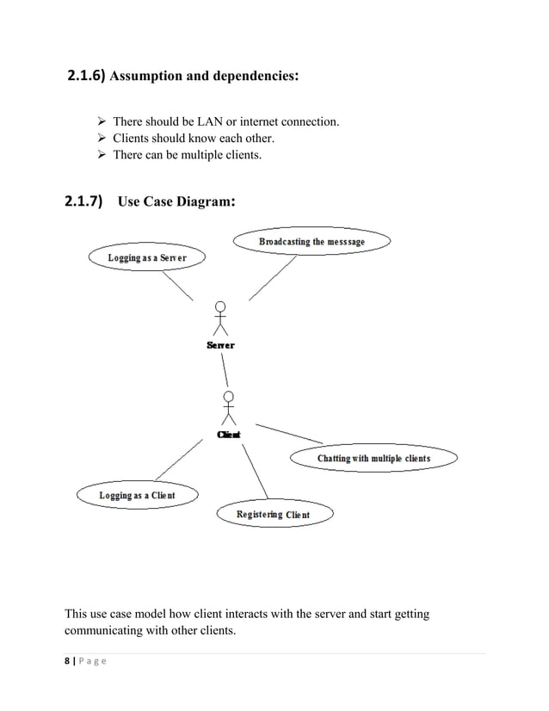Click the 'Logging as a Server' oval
point(147,257)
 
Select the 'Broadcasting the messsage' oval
point(312,242)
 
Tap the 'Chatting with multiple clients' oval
point(373,458)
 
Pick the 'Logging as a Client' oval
point(137,495)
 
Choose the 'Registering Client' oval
point(273,514)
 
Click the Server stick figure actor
point(221,318)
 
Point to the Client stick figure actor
point(228,408)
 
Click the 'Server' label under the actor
point(220,345)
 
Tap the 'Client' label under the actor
point(228,435)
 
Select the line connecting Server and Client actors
point(225,370)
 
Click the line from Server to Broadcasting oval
point(273,277)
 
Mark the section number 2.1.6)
point(85,76)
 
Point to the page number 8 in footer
point(69,661)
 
